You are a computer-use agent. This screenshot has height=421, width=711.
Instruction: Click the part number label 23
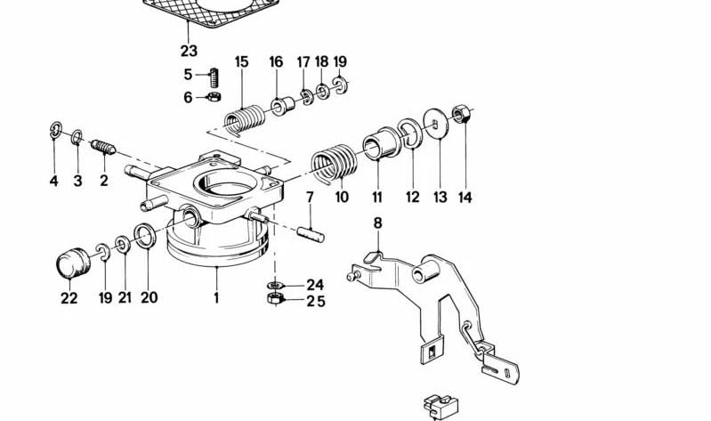[189, 51]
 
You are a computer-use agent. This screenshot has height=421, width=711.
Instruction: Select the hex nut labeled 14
[461, 113]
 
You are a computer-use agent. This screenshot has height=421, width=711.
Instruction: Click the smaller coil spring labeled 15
[245, 120]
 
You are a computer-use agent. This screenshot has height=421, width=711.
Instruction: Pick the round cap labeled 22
[73, 263]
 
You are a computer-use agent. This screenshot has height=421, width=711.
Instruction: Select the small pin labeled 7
[311, 234]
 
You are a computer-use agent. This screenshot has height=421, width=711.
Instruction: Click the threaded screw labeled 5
[214, 77]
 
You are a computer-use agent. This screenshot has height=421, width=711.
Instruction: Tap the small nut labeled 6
[214, 96]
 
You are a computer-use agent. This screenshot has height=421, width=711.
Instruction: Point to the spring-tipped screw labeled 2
[103, 147]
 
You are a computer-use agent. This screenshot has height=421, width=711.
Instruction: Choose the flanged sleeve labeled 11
[380, 143]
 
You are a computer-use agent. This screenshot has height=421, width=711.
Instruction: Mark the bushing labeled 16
[283, 105]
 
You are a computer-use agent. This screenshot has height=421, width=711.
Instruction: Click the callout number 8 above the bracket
[377, 223]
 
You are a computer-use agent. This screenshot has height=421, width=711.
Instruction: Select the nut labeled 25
[275, 298]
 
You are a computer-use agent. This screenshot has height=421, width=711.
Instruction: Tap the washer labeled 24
[275, 285]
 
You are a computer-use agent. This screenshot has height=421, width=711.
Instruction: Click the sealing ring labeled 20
[145, 236]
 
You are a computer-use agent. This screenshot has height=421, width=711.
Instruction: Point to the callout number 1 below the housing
[216, 298]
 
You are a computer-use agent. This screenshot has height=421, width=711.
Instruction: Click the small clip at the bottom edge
[440, 406]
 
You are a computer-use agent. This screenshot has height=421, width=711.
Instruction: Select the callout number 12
[413, 198]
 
